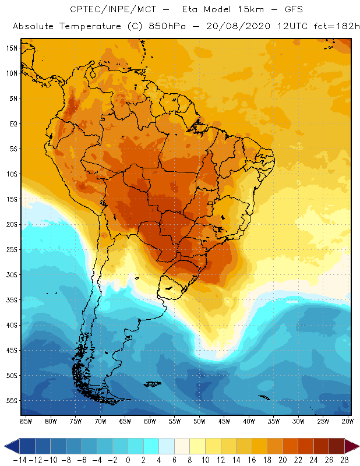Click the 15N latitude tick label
[x=12, y=48]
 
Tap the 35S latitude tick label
[x=12, y=299]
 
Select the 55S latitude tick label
[x=12, y=400]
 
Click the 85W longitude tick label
[x=26, y=421]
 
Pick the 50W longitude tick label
[x=200, y=421]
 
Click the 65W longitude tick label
[x=125, y=421]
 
